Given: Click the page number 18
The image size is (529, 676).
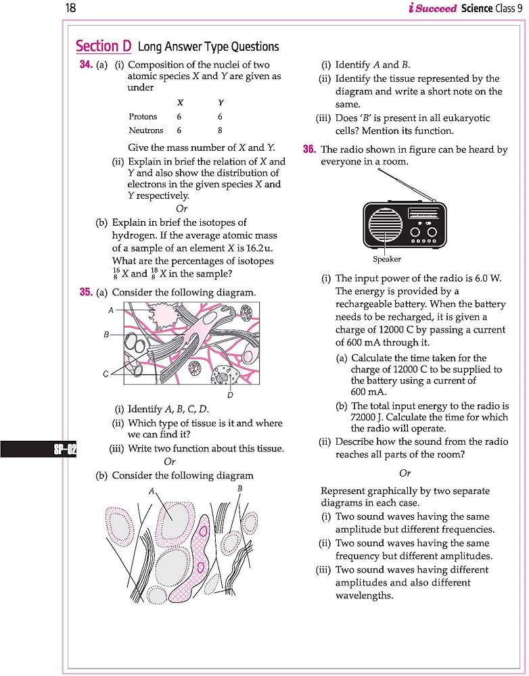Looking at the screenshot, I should point(70,9).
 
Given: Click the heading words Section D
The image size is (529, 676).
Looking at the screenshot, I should point(103,46).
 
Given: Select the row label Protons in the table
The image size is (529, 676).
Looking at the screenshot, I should point(143,117).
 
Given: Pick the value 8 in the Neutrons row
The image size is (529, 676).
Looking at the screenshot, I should point(220,130).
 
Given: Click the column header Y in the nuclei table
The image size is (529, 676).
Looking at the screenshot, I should point(221,103).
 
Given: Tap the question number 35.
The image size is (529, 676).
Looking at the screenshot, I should point(86,292).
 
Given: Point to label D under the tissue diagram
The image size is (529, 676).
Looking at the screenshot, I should point(230,395).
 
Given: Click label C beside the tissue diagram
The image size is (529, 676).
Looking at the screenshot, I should point(106,374).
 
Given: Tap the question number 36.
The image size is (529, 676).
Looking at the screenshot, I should point(309,149).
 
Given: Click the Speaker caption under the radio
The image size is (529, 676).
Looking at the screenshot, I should point(386,259).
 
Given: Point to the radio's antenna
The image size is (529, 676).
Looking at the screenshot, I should point(406,184).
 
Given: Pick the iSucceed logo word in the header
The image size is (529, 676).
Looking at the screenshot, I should point(432,9).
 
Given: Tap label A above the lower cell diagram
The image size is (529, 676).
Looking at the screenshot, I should point(152,490).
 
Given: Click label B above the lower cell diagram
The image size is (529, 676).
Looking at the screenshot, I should point(239,488).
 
